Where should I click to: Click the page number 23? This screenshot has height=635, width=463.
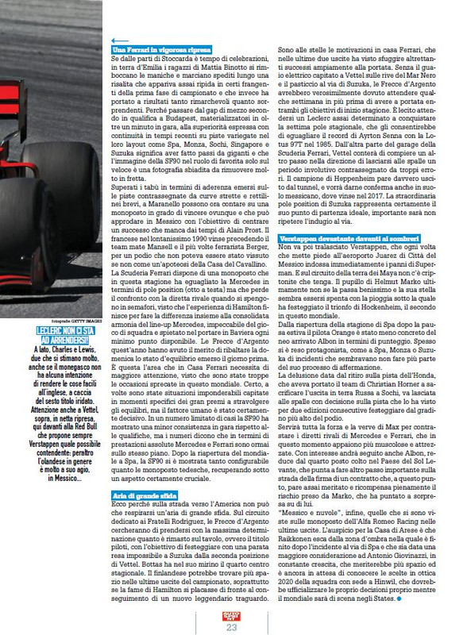(x=232, y=628)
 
